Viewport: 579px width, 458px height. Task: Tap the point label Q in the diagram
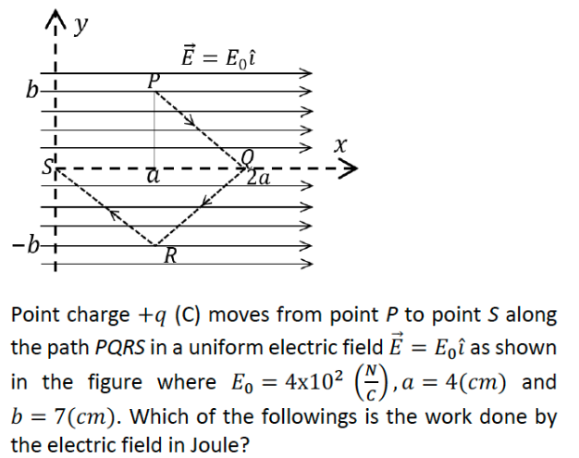click(x=246, y=156)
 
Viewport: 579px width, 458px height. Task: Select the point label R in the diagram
click(x=169, y=255)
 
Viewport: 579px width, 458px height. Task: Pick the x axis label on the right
click(x=342, y=144)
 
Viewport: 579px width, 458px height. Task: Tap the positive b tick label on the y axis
click(x=34, y=91)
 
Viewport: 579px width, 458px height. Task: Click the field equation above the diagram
click(x=216, y=56)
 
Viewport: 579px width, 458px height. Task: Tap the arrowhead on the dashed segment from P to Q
click(x=192, y=119)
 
